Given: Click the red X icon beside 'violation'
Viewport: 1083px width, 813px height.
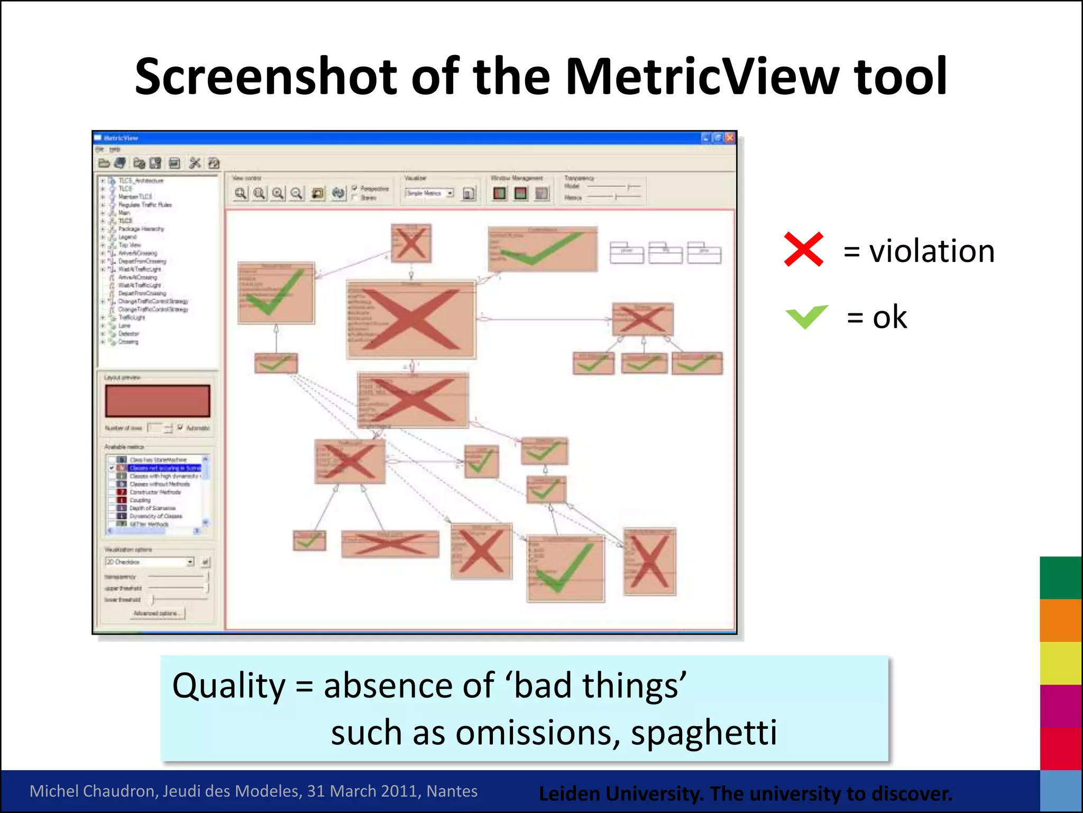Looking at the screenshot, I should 803,249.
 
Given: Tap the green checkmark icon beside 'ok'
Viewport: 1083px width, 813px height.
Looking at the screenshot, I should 806,317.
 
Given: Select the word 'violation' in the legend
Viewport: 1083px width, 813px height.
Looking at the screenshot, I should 932,251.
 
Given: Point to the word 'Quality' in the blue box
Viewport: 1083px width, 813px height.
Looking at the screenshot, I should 228,686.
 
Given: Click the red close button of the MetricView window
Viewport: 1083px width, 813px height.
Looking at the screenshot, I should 730,138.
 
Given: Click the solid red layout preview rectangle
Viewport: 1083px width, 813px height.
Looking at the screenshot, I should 158,401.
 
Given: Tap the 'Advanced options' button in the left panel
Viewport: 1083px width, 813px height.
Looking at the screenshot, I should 158,613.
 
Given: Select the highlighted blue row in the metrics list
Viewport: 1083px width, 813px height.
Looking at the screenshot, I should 164,468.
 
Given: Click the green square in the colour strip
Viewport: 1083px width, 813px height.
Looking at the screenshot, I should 1060,577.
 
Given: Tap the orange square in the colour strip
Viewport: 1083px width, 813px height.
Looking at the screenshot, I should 1060,620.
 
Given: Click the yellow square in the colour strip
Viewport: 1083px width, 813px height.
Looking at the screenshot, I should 1060,663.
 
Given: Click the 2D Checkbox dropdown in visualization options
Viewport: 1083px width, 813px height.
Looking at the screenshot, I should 149,562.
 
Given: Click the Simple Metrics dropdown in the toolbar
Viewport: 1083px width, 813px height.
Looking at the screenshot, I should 429,193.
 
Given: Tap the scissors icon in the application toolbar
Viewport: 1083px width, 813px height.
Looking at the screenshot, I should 195,163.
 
